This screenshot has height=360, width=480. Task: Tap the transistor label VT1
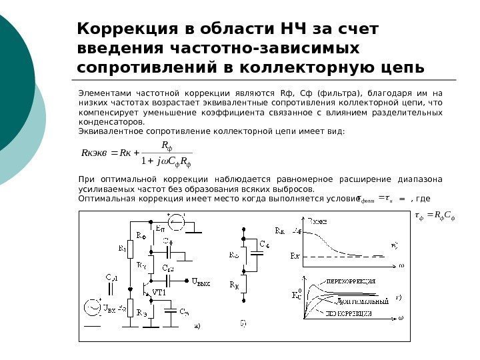159,293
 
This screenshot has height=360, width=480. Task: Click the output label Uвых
201,282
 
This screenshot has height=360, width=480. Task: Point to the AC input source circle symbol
91,308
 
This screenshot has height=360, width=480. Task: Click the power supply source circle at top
177,222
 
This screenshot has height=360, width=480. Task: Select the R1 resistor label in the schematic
122,249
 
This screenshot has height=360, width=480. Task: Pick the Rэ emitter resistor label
141,311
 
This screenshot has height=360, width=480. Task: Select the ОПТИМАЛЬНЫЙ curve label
363,301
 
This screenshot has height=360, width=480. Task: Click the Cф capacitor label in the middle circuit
265,245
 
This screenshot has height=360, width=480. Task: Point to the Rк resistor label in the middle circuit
234,285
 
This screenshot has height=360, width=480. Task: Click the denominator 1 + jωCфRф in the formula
167,160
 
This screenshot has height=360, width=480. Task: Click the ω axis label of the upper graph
401,265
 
